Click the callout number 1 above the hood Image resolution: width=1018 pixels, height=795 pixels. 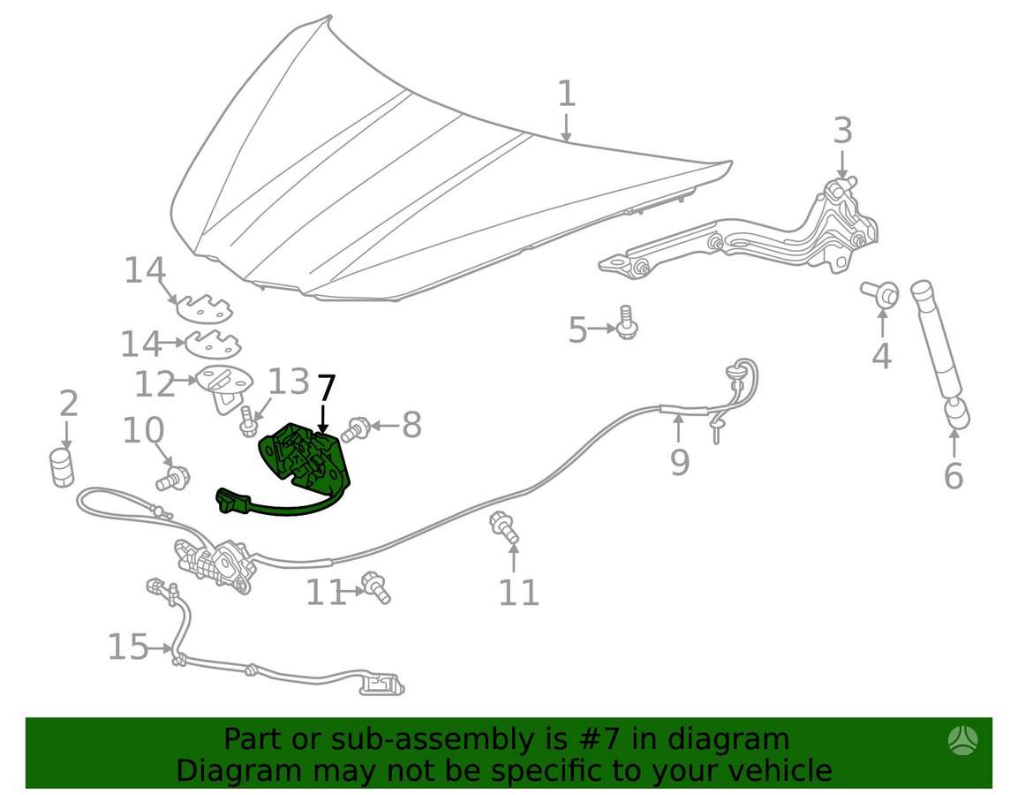(566, 94)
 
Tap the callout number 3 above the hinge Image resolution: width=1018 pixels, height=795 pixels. (842, 131)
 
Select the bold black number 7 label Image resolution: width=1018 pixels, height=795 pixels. (326, 389)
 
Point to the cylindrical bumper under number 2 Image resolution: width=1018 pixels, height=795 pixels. (62, 467)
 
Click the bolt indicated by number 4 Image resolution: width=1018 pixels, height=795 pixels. (881, 294)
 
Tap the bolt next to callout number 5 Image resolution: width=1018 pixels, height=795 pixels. (627, 322)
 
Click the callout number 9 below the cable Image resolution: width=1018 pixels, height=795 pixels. (679, 463)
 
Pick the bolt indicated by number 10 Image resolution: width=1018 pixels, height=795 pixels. (173, 478)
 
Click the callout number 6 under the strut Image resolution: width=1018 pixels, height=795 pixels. (953, 476)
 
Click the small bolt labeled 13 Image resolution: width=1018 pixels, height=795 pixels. (248, 421)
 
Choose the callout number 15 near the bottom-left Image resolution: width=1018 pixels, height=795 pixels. (128, 647)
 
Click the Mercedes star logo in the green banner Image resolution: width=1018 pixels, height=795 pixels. (962, 740)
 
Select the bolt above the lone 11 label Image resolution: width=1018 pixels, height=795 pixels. (504, 526)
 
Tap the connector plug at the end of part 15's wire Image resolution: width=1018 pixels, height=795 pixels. (381, 684)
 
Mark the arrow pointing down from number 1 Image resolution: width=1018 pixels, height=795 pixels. (566, 128)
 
